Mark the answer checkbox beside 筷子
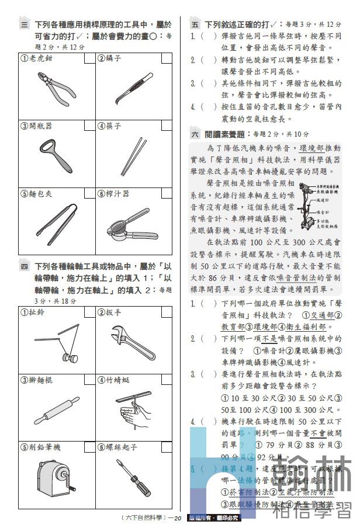pos(166,126)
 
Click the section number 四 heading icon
pos(25,268)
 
